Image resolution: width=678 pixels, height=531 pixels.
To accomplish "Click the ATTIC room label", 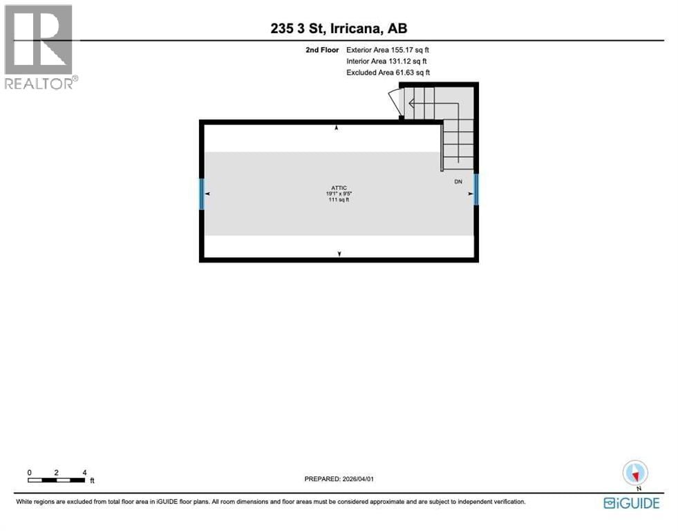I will pos(339,188).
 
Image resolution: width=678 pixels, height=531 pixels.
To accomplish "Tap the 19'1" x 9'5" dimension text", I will pos(339,194).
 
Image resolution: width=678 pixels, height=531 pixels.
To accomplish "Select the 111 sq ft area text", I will pos(339,201).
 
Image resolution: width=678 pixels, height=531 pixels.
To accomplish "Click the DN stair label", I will pos(458,182).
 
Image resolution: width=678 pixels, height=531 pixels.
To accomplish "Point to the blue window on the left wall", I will pos(201,194).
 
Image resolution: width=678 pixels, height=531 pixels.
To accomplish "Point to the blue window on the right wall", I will pos(476,189).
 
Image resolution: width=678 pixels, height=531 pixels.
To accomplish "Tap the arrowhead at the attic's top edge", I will pos(337,129).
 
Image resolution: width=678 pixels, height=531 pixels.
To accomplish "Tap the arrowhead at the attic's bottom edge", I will pos(339,254).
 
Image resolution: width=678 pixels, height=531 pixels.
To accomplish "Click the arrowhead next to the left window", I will pos(207,194).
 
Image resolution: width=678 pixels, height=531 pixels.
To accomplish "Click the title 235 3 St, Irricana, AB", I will pos(339,28).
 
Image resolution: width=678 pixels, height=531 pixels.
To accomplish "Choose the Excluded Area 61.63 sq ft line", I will pos(388,73).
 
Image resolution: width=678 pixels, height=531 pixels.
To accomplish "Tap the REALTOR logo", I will pos(39,46).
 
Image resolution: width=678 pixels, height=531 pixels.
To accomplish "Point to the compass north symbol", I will pos(634,474).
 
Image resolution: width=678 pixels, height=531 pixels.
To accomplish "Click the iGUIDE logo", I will pos(632,503).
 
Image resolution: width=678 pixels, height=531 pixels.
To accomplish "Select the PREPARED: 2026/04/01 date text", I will pos(339,478).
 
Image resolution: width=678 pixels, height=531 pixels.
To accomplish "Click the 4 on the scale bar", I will pos(84,472).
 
